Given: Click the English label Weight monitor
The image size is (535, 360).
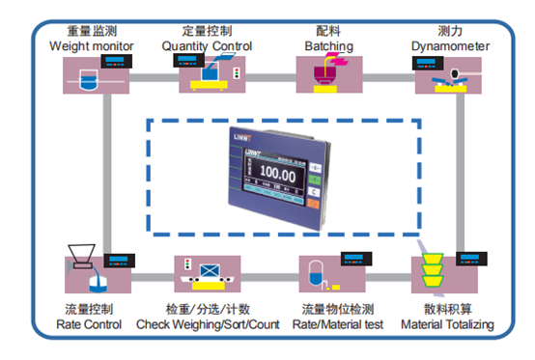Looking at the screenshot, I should tap(92, 45).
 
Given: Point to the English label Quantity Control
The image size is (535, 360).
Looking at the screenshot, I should tap(207, 45).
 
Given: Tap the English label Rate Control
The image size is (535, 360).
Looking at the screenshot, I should tap(88, 324).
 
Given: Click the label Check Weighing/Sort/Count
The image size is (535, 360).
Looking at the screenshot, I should tap(208, 324).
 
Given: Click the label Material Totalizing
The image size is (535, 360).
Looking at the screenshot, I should tap(448, 324).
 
